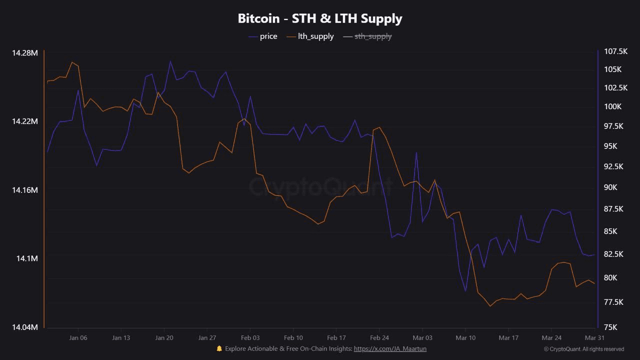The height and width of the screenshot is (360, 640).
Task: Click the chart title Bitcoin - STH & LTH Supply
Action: (x=320, y=18)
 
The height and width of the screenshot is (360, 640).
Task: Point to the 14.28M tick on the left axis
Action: (x=24, y=53)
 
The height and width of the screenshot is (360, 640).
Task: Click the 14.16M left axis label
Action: (x=24, y=190)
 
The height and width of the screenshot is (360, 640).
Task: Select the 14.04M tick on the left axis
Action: (x=24, y=327)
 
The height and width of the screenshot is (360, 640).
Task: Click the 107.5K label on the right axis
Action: (x=615, y=51)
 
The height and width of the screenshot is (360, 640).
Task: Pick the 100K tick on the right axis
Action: (x=612, y=106)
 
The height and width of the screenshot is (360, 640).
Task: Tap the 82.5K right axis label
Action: (x=614, y=254)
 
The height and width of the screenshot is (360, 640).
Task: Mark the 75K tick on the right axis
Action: (x=611, y=327)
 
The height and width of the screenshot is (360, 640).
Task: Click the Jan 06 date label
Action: (x=78, y=338)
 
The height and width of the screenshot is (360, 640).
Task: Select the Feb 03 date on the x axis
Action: (x=250, y=338)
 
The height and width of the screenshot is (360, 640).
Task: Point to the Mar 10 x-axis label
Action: (x=465, y=338)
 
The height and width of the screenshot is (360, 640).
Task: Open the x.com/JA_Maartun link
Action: (x=390, y=348)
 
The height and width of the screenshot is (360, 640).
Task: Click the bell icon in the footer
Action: (x=219, y=348)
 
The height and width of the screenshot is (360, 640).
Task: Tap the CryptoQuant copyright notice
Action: (x=583, y=349)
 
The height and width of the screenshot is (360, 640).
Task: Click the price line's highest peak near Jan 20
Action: (x=170, y=61)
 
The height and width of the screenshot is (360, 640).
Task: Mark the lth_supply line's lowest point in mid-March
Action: (x=490, y=306)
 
